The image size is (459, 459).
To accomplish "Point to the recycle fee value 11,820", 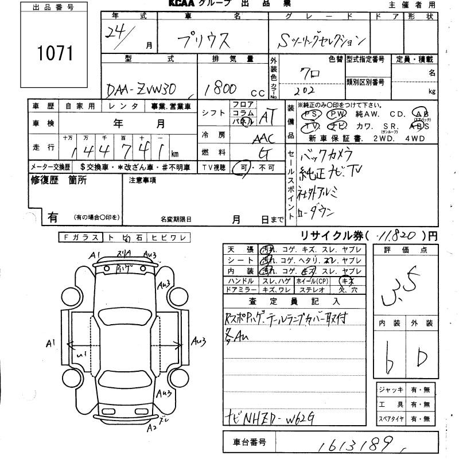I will click(398, 235).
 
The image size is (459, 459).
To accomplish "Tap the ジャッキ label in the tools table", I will click(390, 390).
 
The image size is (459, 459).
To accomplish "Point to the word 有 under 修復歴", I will click(52, 217).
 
